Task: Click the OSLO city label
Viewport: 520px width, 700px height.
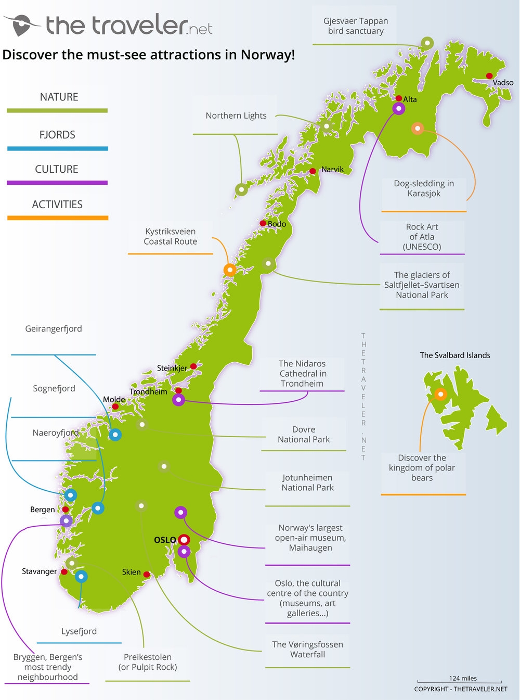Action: [x=165, y=540]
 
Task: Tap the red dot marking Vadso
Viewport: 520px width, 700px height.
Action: [x=489, y=76]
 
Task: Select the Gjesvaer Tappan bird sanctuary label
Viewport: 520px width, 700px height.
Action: [x=356, y=26]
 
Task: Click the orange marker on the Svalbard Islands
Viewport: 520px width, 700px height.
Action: [x=440, y=394]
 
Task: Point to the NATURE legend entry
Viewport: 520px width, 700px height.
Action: [x=59, y=97]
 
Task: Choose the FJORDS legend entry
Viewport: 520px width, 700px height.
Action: [x=57, y=135]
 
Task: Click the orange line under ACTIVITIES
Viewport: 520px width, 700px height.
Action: [x=57, y=218]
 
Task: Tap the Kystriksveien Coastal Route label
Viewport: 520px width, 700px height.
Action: [x=170, y=236]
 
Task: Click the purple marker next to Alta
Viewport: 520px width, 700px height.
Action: [x=398, y=109]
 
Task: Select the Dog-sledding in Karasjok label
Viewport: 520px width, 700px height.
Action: [x=424, y=188]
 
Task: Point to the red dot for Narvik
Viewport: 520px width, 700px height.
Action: [x=313, y=171]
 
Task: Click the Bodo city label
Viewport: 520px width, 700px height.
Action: [x=277, y=224]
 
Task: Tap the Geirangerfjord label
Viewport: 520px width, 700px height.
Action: [x=54, y=329]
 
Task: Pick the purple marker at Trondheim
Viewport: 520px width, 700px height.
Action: [x=178, y=400]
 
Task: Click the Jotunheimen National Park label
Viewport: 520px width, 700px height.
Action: [x=307, y=482]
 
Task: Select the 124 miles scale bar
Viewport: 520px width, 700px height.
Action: [x=460, y=681]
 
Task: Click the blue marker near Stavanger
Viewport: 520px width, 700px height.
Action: [x=81, y=576]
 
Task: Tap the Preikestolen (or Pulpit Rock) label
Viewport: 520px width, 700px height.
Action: [x=148, y=662]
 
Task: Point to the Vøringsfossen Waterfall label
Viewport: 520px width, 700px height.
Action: [x=307, y=650]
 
